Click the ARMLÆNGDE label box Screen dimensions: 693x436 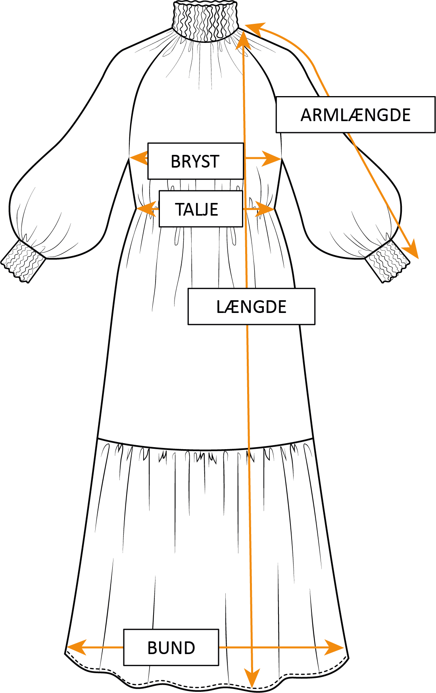355,115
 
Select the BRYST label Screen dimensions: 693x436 195,161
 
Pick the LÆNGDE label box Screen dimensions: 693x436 251,307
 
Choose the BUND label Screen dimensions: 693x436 171,647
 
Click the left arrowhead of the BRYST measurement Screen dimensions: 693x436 137,158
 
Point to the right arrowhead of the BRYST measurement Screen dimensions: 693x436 273,158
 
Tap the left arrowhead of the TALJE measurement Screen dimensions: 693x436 144,208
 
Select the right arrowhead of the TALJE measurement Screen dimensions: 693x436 266,209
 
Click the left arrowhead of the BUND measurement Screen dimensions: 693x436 75,647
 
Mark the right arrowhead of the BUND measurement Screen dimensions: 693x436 335,648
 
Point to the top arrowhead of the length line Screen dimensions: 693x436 242,40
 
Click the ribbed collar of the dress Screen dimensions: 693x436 205,20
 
